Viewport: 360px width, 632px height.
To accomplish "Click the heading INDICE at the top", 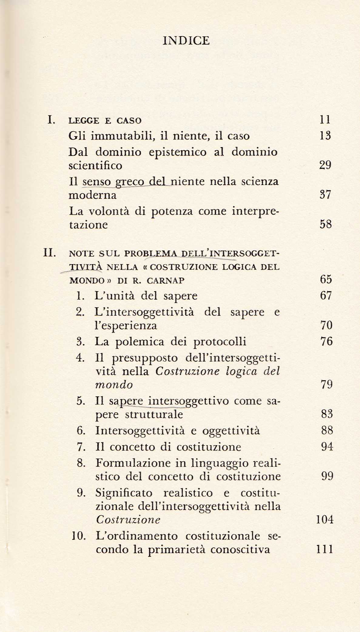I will coord(186,41).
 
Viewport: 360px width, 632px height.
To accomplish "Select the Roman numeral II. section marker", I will coord(49,253).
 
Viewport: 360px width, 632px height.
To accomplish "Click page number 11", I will coord(325,120).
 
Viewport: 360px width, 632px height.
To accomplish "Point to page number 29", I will coord(325,165).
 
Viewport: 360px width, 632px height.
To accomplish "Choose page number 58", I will coord(325,225).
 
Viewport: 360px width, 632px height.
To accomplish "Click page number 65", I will coord(326,279).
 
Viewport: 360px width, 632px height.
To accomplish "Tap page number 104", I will coord(325,520).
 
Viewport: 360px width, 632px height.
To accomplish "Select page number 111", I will coord(324,549).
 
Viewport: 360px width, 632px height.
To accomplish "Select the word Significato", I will coord(124,493).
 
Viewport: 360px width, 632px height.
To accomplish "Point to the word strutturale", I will coord(154,414).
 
